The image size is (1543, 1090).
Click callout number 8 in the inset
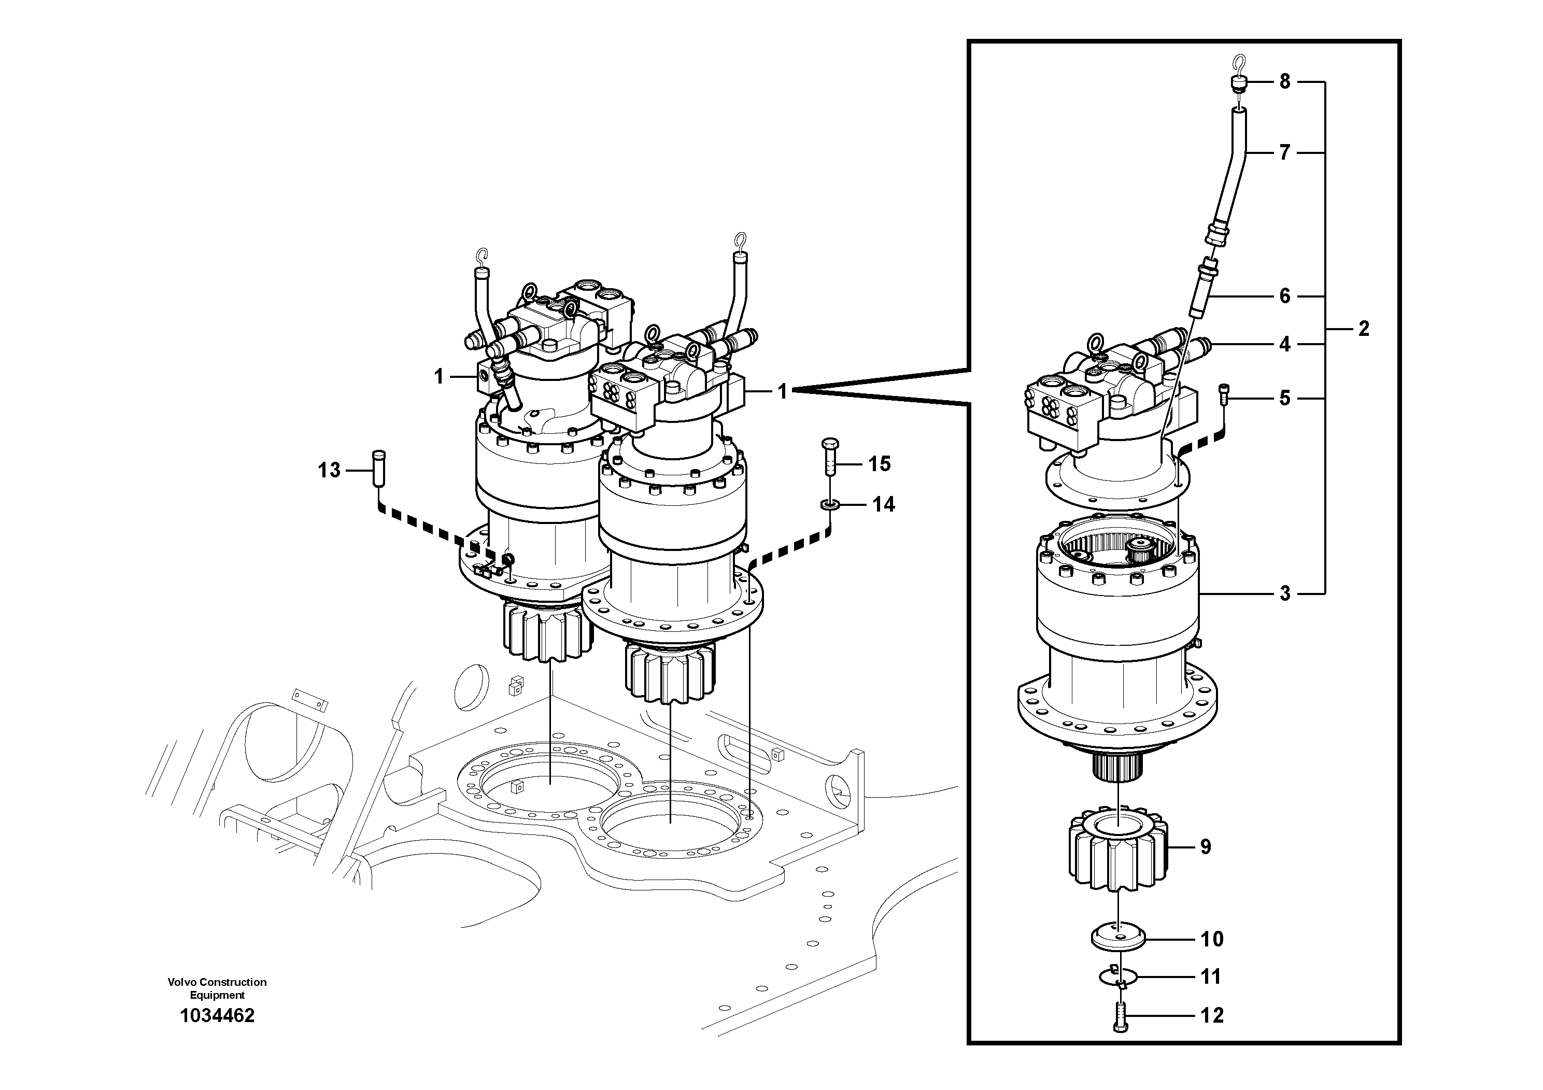[x=1284, y=82]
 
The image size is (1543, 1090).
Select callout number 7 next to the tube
[x=1284, y=153]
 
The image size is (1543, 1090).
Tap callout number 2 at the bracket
[x=1364, y=329]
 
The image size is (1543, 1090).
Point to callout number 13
[x=329, y=471]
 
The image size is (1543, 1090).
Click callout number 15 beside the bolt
[x=879, y=464]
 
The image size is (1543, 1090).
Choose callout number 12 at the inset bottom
[x=1212, y=1015]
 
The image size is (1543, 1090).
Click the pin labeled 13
[x=378, y=467]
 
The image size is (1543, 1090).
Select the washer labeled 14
[x=830, y=503]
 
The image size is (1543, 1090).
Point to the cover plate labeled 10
[x=1119, y=938]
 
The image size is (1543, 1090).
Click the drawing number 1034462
[x=217, y=1016]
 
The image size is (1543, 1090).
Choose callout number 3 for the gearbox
[x=1284, y=593]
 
